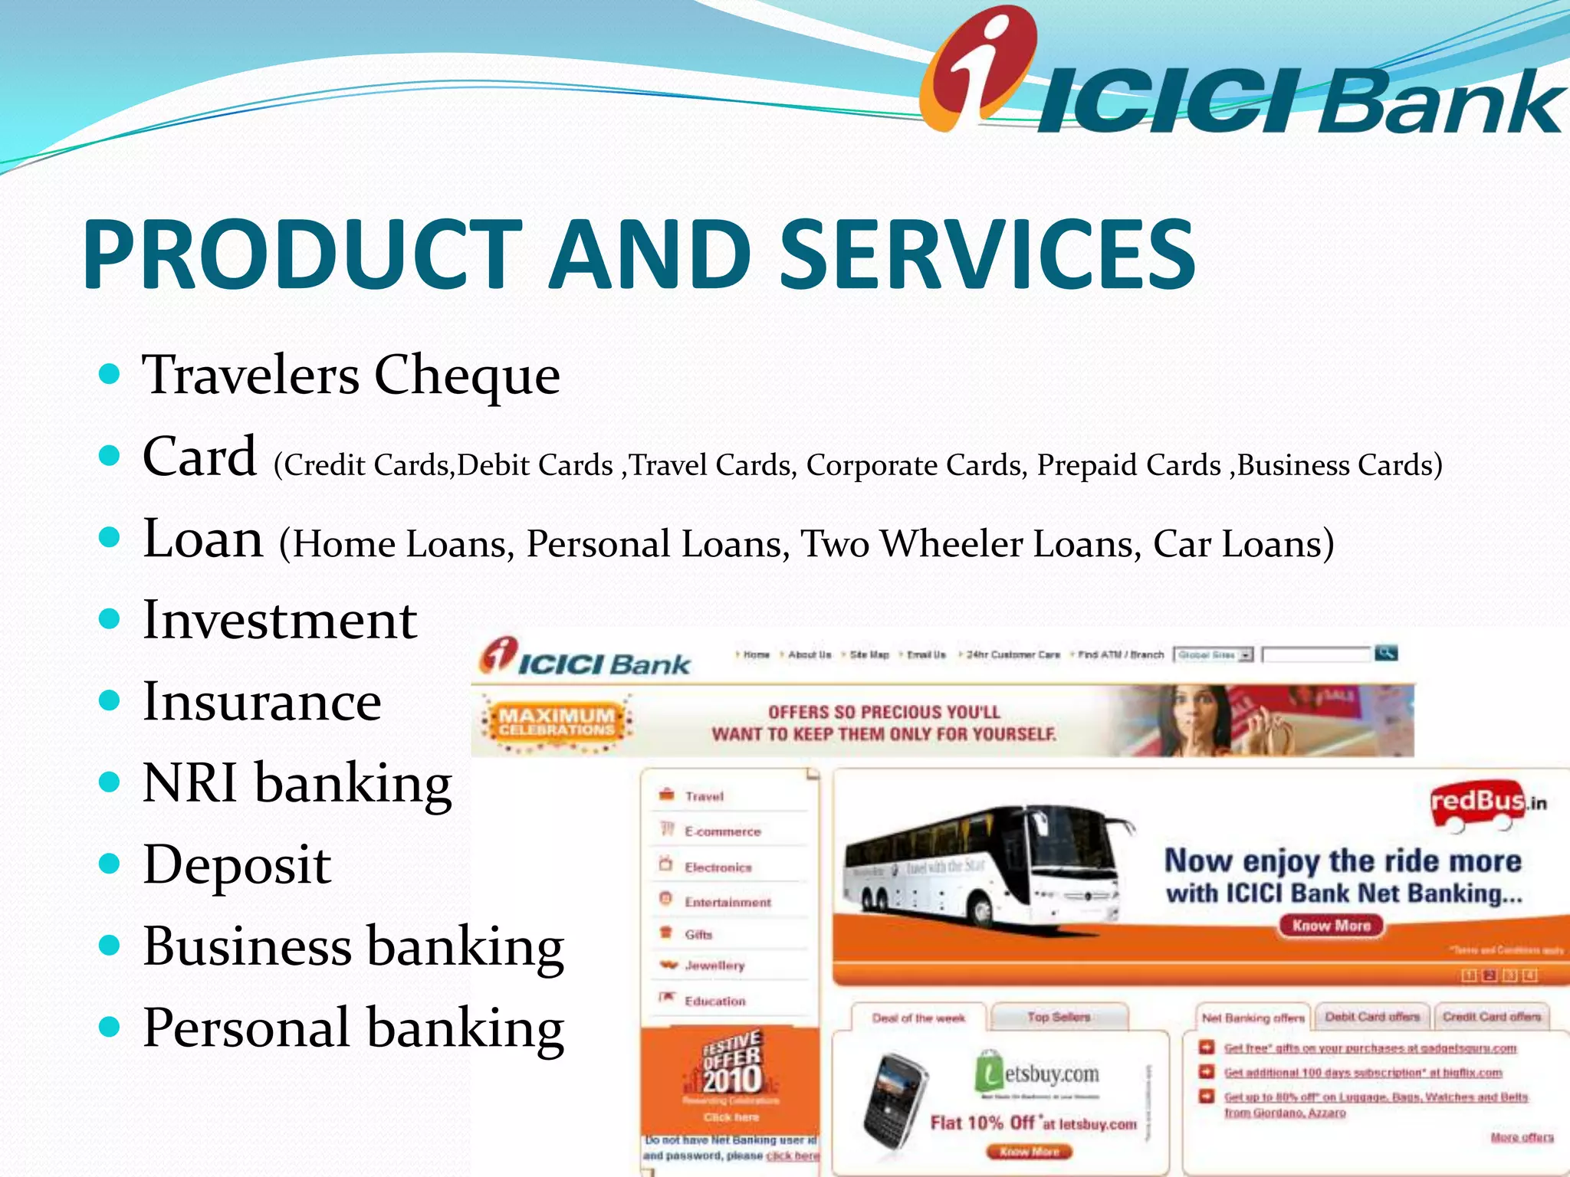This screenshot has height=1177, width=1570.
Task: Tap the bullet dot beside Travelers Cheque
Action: tap(110, 374)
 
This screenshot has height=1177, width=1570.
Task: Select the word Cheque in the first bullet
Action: tap(467, 375)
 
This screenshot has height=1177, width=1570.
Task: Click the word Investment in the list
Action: tap(280, 620)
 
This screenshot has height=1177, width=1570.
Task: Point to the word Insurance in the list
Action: tap(262, 702)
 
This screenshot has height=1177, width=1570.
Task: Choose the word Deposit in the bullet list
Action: tap(237, 865)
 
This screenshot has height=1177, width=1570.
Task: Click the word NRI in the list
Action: tap(189, 783)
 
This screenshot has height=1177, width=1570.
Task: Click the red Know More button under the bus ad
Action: tap(1331, 926)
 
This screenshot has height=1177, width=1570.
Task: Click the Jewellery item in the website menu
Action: tap(714, 966)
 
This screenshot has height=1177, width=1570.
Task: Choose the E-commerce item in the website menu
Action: tap(722, 831)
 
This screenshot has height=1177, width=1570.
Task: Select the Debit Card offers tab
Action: tap(1372, 1017)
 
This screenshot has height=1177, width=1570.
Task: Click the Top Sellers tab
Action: tap(1059, 1017)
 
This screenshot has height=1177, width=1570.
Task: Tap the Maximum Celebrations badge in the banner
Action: tap(556, 721)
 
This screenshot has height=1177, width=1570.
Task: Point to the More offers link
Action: tap(1522, 1137)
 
